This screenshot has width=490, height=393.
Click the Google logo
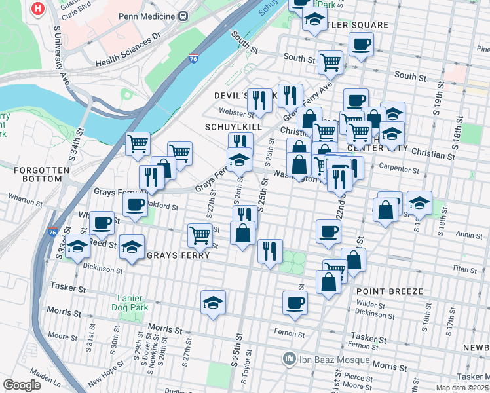(21, 385)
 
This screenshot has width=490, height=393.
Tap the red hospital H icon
(39, 9)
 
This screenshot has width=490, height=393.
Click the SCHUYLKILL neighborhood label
(233, 126)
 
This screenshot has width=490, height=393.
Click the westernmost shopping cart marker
(138, 143)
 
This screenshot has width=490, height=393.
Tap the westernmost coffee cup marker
(102, 223)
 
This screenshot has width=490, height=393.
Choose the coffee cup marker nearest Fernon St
(295, 303)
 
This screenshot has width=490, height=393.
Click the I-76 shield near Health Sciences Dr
(193, 58)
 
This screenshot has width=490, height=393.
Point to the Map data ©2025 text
(461, 388)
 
